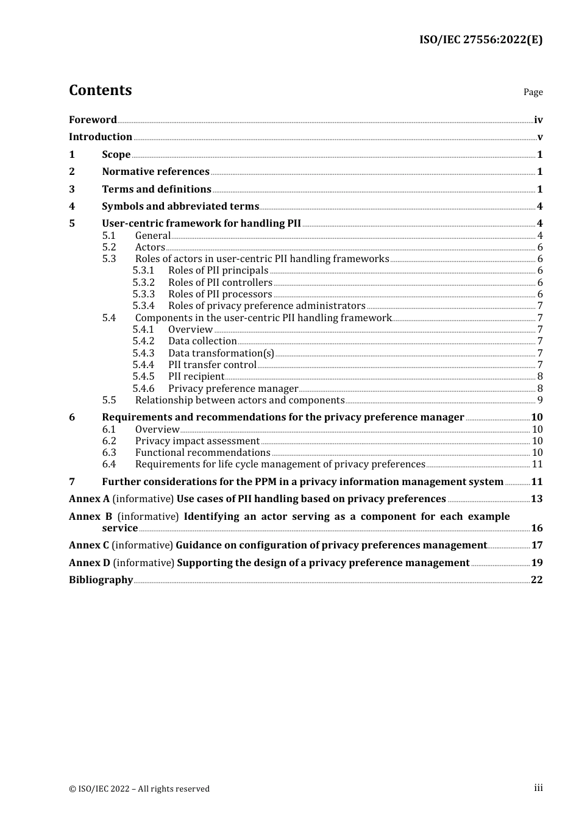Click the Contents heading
[100, 90]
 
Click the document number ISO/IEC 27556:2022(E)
[480, 40]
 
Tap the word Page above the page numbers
[533, 92]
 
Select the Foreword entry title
[93, 120]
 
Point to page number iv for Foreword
[538, 120]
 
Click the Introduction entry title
[101, 137]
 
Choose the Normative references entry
[155, 172]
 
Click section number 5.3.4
[143, 306]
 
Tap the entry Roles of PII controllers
[220, 283]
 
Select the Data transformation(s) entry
[221, 353]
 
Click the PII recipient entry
[196, 377]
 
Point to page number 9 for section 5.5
[540, 400]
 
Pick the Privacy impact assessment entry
[197, 441]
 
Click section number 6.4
[109, 464]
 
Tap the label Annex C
[89, 545]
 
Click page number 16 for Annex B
[537, 528]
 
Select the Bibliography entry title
[101, 580]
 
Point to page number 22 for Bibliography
[537, 580]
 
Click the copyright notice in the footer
[139, 789]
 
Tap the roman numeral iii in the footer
[538, 788]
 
